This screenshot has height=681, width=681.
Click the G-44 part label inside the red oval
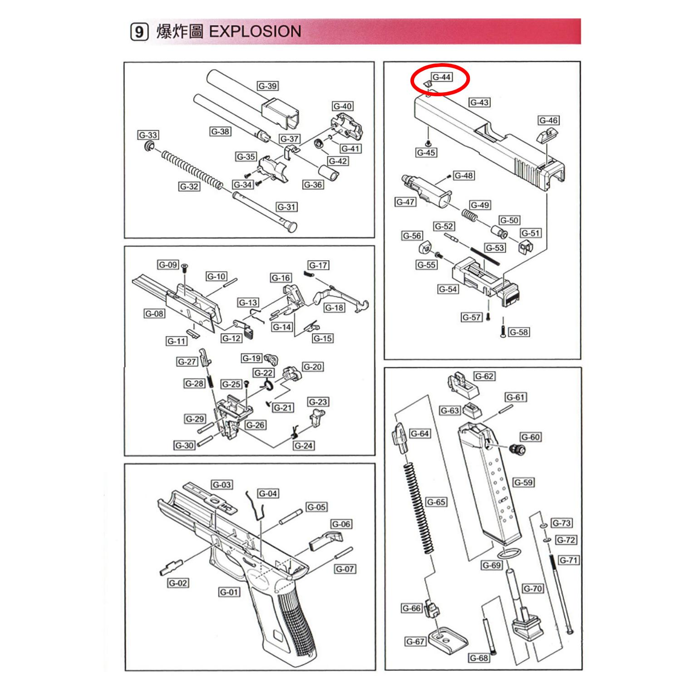coord(441,77)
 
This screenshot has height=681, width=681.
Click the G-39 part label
coord(267,86)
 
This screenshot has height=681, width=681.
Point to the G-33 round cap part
coord(148,146)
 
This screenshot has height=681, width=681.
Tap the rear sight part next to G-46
coord(543,136)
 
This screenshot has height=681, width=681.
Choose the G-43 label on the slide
coord(479,102)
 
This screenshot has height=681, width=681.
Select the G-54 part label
coord(448,289)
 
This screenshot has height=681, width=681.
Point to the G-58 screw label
coord(518,332)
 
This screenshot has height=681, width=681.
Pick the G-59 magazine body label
coord(523,482)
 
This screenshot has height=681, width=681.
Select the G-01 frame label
coord(229,592)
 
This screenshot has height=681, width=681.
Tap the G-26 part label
coord(256,425)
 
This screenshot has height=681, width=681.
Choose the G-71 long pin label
coord(568,560)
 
